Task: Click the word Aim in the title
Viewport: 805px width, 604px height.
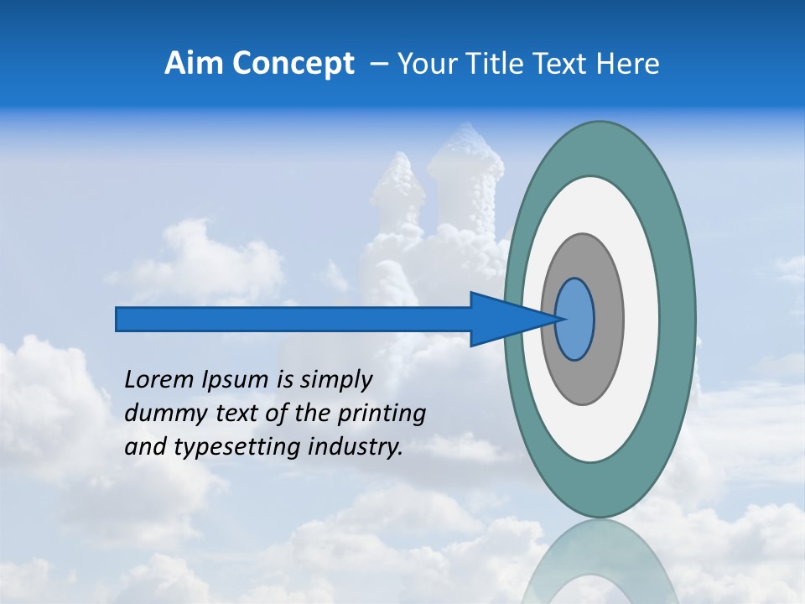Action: coord(194,63)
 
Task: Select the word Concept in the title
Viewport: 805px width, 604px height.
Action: coord(293,63)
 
